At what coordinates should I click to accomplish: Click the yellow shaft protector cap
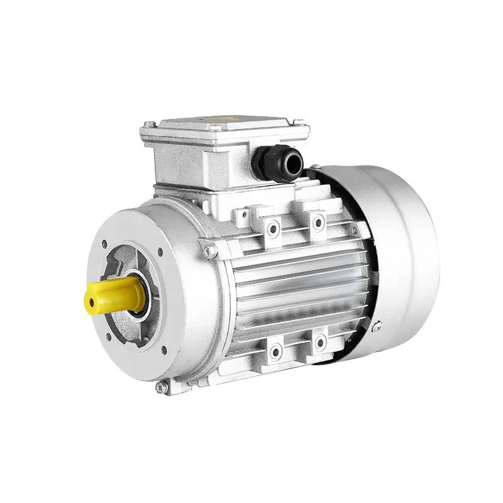114,295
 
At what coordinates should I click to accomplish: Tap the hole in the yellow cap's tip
92,303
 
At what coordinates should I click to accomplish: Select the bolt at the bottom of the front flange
162,387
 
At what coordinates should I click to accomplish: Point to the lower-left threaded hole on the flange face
109,336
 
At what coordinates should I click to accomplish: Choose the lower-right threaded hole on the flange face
164,350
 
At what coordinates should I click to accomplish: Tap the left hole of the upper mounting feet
273,229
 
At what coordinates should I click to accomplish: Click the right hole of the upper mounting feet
319,222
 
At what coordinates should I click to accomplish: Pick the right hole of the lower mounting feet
320,343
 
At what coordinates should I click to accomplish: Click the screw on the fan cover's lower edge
376,326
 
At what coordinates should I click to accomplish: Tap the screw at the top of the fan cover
314,167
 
